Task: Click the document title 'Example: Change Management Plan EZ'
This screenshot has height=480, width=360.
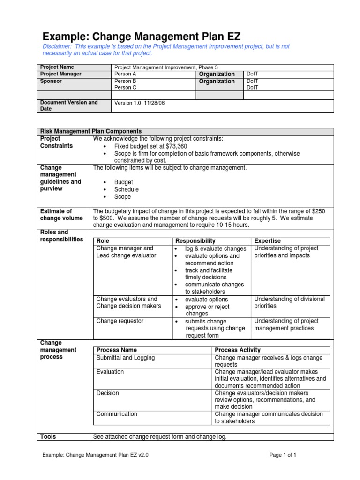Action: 142,36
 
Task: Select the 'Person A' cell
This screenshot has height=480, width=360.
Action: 125,74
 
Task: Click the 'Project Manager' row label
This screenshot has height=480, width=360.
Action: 61,74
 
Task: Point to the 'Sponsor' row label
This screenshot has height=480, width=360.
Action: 51,81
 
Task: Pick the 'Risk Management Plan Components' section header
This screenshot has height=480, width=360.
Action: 91,131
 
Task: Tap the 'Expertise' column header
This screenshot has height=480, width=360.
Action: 267,241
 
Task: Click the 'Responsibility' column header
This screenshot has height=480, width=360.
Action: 195,241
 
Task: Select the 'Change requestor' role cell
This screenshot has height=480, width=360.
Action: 120,321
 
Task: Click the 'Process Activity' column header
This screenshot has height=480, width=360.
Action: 238,350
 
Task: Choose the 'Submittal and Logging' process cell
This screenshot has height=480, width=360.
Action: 125,358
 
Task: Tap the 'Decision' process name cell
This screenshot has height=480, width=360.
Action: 107,393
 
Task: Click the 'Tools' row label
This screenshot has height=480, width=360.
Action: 48,436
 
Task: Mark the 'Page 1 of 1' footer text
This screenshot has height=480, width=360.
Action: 283,455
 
